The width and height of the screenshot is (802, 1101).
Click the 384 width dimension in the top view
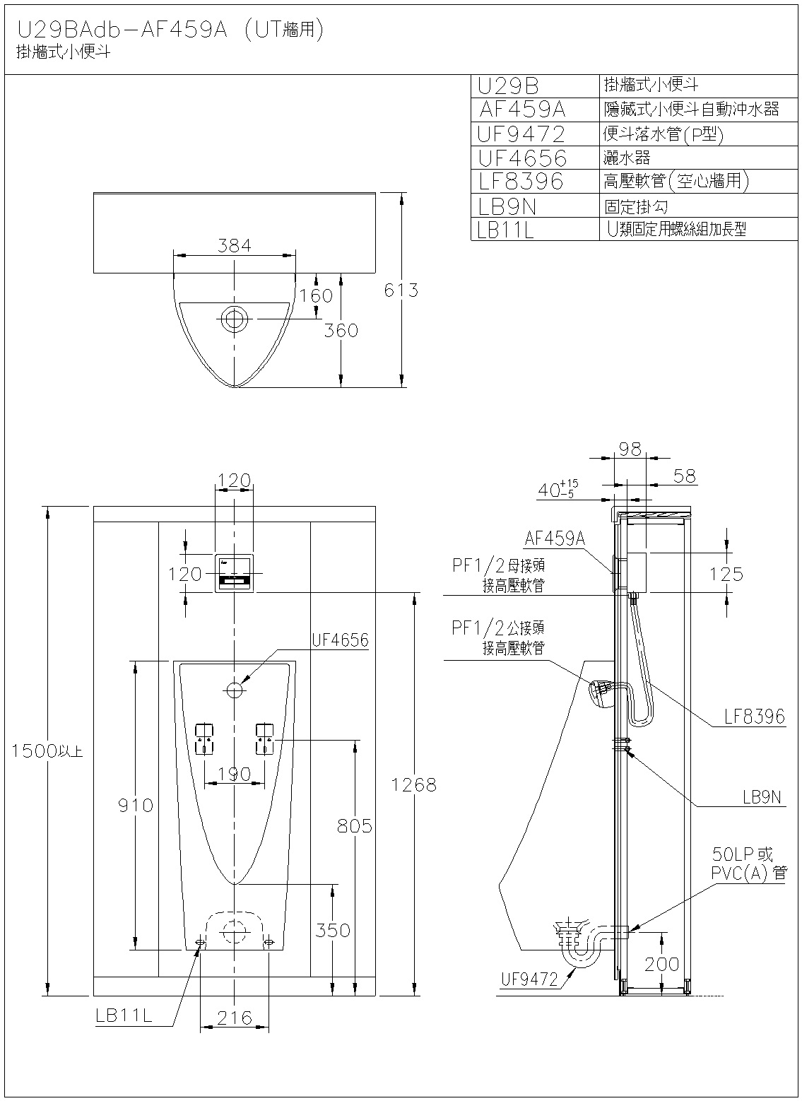pyautogui.click(x=234, y=245)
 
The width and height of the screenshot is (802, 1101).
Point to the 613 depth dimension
pyautogui.click(x=401, y=290)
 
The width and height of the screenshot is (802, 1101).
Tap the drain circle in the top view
pyautogui.click(x=234, y=319)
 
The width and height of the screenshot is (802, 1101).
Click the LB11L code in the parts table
pyautogui.click(x=505, y=229)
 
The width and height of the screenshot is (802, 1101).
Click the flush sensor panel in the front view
pyautogui.click(x=234, y=573)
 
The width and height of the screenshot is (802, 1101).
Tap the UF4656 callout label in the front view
pyautogui.click(x=340, y=640)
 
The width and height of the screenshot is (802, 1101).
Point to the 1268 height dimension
pyautogui.click(x=414, y=784)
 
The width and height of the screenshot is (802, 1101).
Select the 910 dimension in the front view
pyautogui.click(x=135, y=804)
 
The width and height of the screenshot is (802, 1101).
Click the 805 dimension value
pyautogui.click(x=354, y=825)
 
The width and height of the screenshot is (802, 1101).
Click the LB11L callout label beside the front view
pyautogui.click(x=124, y=1015)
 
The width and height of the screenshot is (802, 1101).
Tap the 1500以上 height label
pyautogui.click(x=47, y=751)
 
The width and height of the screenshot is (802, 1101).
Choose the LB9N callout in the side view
pyautogui.click(x=762, y=797)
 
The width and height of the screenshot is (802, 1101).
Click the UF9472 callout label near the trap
pyautogui.click(x=530, y=979)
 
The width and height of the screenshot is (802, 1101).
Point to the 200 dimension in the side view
pyautogui.click(x=662, y=963)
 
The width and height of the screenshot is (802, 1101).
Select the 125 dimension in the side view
pyautogui.click(x=727, y=573)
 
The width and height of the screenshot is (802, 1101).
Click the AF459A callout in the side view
pyautogui.click(x=555, y=538)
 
